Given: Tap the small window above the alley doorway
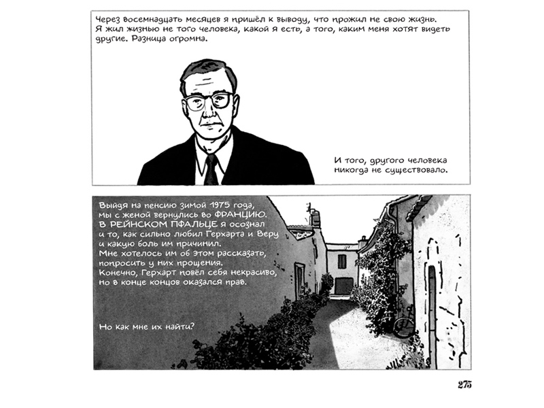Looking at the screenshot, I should click(x=341, y=261).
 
